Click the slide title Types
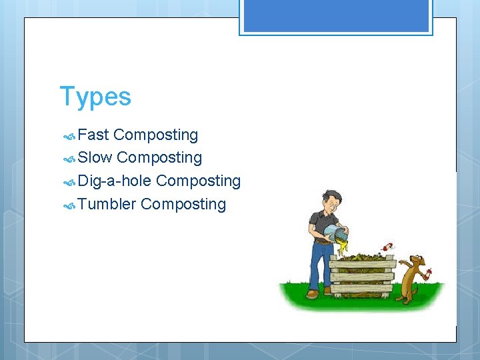95,97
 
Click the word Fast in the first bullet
93,135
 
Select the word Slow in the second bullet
95,158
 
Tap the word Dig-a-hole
115,181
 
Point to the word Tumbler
107,204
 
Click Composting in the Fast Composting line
155,135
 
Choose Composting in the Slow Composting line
159,158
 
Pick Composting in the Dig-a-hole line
198,181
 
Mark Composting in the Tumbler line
183,204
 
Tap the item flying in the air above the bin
385,249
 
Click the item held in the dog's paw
428,272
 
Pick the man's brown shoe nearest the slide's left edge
312,293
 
